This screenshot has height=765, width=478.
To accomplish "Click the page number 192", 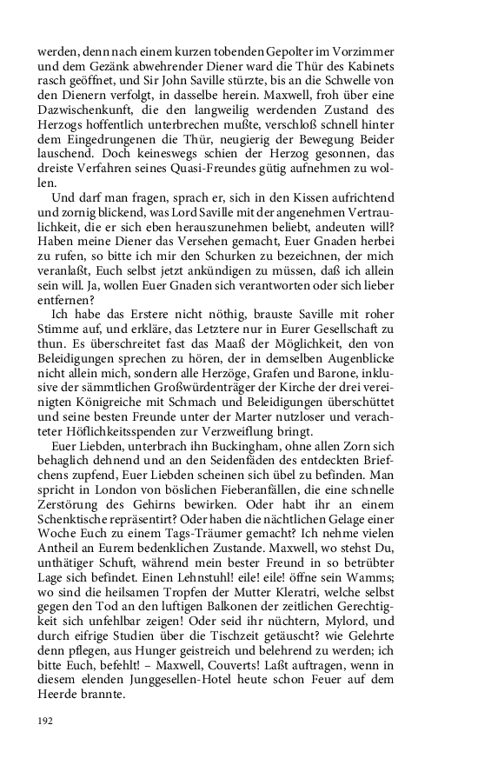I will pos(45,721).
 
